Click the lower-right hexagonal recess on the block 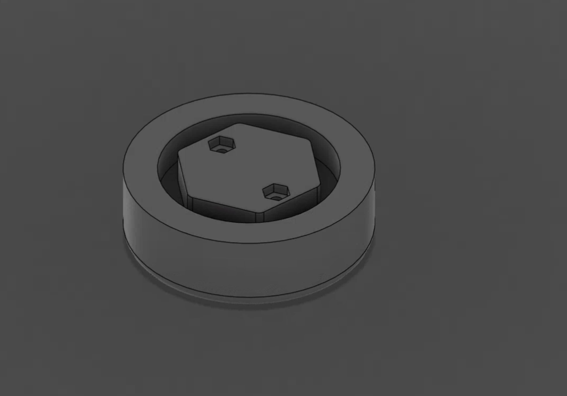276,192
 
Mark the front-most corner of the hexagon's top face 260,211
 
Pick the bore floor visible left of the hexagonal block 169,183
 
